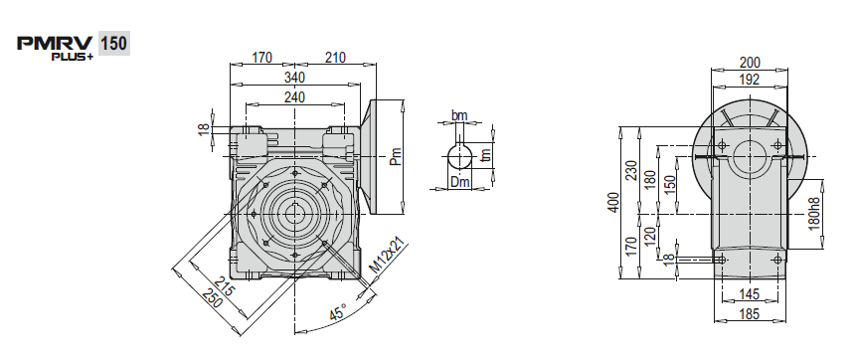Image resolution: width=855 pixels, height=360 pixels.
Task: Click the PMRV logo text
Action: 56,44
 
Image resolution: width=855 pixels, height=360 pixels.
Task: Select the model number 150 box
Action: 114,43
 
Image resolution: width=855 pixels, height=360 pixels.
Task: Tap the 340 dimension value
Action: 294,78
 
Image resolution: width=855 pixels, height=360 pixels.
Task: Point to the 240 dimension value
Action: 294,97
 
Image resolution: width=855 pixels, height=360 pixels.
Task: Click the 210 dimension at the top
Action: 335,58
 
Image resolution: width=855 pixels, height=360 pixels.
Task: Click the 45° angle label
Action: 339,312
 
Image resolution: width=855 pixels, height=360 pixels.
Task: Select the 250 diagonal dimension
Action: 213,296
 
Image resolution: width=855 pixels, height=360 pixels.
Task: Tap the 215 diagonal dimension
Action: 224,284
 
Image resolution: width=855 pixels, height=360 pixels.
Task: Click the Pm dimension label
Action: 396,156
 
